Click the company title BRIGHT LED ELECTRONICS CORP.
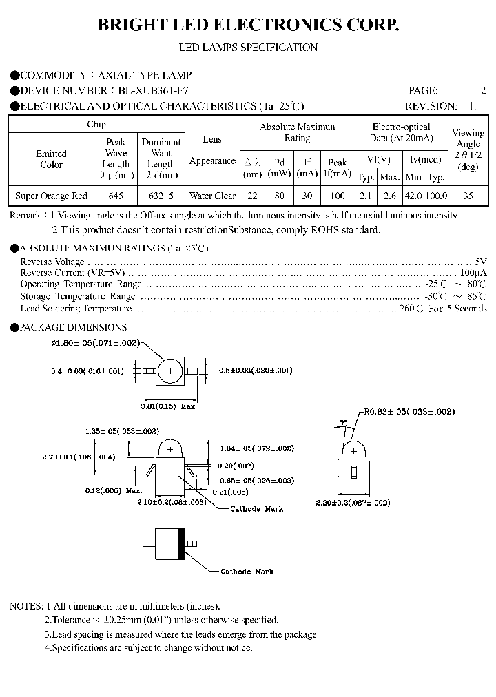(248, 26)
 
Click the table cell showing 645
(116, 196)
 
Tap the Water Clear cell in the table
(212, 196)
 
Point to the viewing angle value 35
(468, 196)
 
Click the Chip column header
(96, 125)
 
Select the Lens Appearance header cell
(212, 150)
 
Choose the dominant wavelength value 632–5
(161, 196)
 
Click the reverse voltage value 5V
(481, 262)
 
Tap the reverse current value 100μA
(475, 273)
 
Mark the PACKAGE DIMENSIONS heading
(73, 328)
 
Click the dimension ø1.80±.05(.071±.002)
(96, 342)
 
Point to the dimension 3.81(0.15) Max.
(169, 407)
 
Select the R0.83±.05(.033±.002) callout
(411, 411)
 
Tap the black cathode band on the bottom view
(182, 543)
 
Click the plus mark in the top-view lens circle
(169, 371)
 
